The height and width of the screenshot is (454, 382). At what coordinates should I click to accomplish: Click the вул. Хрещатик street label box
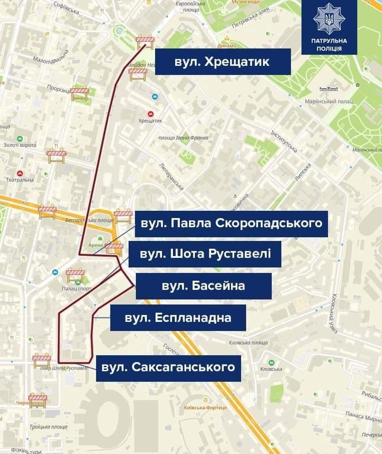[223, 62]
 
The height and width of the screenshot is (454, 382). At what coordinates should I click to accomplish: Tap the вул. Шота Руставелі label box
[204, 254]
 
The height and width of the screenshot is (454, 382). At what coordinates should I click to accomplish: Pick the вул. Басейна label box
[203, 286]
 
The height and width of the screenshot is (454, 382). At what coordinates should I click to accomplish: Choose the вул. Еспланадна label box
[178, 317]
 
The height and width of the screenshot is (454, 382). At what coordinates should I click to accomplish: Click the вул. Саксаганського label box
[168, 368]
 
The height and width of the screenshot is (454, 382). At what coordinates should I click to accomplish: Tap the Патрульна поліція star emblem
[329, 19]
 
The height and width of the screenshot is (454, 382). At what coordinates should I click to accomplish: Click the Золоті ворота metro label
[20, 145]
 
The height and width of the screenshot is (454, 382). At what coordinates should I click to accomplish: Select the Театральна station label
[20, 180]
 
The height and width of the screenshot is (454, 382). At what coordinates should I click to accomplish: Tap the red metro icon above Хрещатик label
[150, 113]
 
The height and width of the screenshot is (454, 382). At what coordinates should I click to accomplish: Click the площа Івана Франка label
[183, 138]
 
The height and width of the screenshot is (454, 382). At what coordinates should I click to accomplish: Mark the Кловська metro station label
[271, 369]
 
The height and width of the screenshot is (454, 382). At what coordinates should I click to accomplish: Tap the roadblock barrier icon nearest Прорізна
[79, 93]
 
